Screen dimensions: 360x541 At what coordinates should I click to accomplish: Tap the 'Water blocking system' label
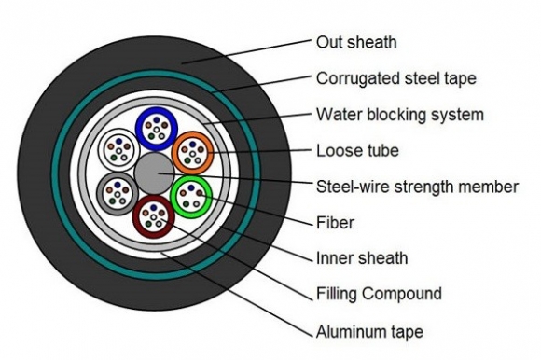[x=400, y=115]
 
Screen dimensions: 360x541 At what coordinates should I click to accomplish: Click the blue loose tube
[x=159, y=129]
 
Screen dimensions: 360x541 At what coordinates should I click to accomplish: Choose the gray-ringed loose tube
[x=118, y=194]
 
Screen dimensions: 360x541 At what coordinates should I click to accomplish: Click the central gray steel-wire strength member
[x=155, y=174]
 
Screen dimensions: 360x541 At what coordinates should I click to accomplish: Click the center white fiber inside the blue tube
[x=159, y=129]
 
